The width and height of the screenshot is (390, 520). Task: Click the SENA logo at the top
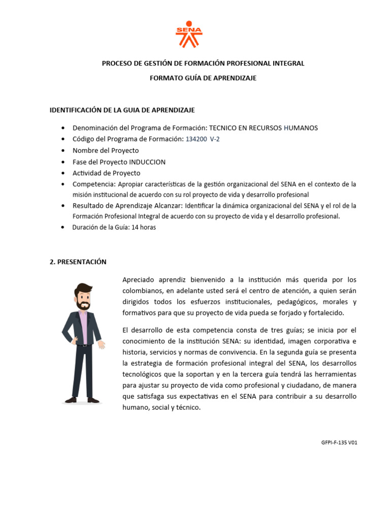point(189,34)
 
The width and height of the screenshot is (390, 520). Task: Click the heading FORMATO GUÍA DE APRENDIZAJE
point(203,78)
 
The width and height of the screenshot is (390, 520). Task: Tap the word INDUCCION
point(147,162)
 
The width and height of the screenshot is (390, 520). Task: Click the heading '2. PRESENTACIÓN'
point(78,262)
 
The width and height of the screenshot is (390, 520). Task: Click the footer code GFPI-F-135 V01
point(339,443)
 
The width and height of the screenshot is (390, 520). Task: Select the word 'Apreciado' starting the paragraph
point(137,280)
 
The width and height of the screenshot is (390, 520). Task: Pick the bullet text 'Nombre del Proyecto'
point(106,151)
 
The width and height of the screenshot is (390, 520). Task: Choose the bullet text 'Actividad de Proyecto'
point(107,173)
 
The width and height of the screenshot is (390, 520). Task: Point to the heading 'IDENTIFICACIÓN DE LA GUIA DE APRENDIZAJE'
point(122,110)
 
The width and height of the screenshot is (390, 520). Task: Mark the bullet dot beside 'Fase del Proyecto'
point(62,162)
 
